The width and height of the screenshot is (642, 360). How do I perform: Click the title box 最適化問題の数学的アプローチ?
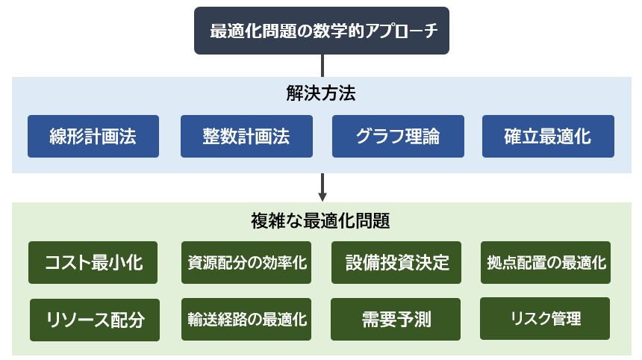(x=322, y=31)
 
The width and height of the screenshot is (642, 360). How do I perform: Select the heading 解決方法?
(x=321, y=93)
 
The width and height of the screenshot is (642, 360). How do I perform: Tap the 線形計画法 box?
(x=93, y=137)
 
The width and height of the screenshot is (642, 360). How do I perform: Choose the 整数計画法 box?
(x=246, y=137)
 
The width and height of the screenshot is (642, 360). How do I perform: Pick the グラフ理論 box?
(x=398, y=137)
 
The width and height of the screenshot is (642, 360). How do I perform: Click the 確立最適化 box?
(x=548, y=137)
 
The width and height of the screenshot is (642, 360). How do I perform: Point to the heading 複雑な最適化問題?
(x=320, y=221)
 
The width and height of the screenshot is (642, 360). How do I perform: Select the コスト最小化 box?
(x=93, y=262)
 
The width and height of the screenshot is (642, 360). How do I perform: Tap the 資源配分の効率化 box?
(x=246, y=262)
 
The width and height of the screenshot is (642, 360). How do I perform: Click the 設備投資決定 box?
(x=396, y=262)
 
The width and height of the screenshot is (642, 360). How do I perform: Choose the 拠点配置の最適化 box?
(x=546, y=262)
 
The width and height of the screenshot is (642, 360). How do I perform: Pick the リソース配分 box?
(x=95, y=320)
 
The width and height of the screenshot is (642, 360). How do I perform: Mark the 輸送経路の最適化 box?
(x=246, y=319)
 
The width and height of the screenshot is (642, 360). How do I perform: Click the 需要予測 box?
(x=396, y=319)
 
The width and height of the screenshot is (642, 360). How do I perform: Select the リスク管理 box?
(x=545, y=319)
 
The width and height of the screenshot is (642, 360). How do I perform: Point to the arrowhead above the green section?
(x=322, y=197)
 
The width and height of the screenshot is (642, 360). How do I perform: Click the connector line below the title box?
(x=322, y=66)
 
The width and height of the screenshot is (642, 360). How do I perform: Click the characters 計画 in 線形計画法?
(x=102, y=137)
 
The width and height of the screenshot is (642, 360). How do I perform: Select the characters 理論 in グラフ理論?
(x=423, y=137)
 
